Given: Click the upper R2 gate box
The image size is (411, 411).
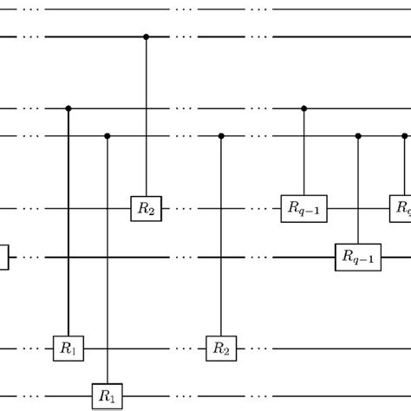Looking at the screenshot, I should click(145, 208).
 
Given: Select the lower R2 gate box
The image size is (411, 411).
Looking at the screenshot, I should click(220, 349).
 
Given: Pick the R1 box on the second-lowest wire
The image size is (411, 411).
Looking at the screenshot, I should click(68, 349).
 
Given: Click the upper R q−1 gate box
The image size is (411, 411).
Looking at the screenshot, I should click(303, 208).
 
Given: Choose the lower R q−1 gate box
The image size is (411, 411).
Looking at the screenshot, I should click(358, 258).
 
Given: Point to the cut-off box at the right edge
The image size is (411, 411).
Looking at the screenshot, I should click(402, 208).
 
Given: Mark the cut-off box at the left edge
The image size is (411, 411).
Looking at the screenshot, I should click(3, 258).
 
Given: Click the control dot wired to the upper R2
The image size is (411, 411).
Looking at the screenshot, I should click(145, 37).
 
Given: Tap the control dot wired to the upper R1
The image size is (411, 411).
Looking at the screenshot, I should click(68, 109).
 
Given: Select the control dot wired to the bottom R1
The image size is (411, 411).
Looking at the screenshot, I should click(108, 136).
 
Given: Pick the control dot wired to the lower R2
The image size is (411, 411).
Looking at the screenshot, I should click(220, 136).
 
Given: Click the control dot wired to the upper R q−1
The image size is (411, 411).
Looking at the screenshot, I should click(303, 109).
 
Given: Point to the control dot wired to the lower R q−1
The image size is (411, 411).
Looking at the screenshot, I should click(358, 136).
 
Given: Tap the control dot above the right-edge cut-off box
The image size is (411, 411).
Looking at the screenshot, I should click(405, 136).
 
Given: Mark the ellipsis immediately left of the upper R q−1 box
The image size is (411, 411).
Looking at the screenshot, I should click(259, 209).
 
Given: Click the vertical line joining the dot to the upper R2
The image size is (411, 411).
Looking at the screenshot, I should click(145, 121).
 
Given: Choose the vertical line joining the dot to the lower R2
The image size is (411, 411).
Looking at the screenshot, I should click(220, 243).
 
